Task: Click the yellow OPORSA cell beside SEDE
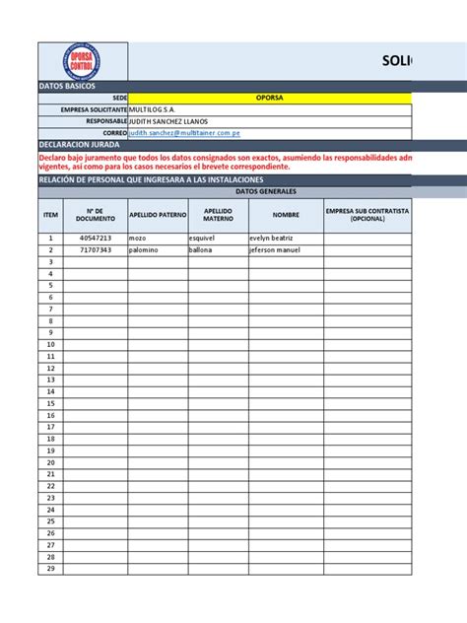[270, 99]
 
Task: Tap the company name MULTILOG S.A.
[158, 109]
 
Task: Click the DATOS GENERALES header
[225, 192]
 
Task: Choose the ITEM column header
[50, 215]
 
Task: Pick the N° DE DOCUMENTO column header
[96, 215]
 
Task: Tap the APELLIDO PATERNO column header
[157, 215]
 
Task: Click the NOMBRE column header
[286, 215]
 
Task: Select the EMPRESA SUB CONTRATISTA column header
[367, 215]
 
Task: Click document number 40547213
[96, 239]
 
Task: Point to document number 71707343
[96, 250]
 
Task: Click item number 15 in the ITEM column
[50, 403]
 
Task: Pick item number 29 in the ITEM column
[50, 568]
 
